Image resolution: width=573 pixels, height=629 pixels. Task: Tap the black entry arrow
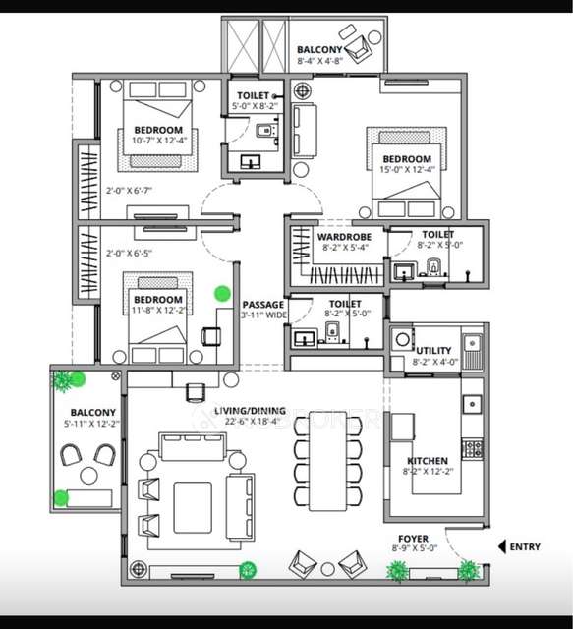[x=503, y=547]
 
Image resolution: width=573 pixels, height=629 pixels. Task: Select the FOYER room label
[x=412, y=539]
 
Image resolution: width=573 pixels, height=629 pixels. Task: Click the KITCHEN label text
[x=428, y=460]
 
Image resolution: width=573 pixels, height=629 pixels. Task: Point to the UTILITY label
[x=433, y=351]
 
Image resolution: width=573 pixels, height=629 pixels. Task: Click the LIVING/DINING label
[x=250, y=411]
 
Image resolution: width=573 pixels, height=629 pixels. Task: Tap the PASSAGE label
[x=263, y=305]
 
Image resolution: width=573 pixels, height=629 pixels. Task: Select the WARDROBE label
[x=343, y=236]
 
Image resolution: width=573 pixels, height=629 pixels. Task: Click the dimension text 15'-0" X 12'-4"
[x=407, y=172]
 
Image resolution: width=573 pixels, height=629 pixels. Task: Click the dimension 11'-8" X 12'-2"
[x=158, y=312]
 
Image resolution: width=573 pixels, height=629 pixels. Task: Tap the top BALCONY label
[x=320, y=49]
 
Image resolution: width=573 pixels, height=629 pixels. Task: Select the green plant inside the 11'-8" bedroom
[x=223, y=292]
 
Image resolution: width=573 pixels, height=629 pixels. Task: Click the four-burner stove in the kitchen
[x=473, y=448]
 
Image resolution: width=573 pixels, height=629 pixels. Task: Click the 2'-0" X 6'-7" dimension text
[x=130, y=190]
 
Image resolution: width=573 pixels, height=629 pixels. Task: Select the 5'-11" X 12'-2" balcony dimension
[x=92, y=425]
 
